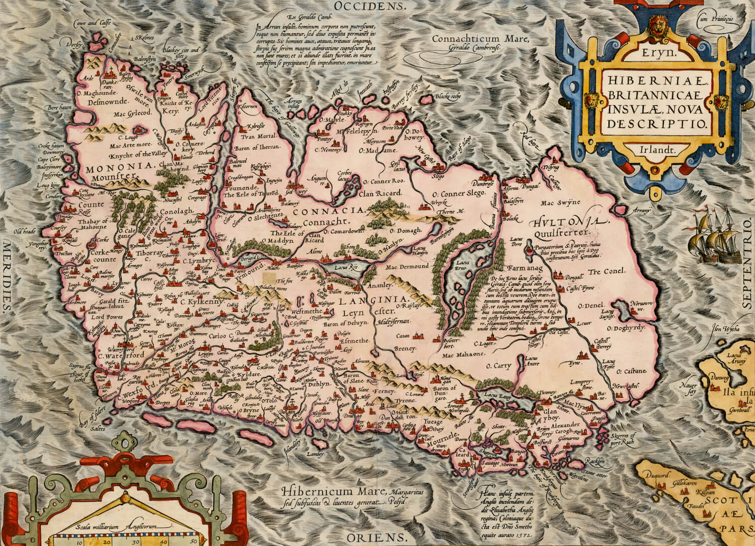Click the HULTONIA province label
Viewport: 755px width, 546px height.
(566, 222)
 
